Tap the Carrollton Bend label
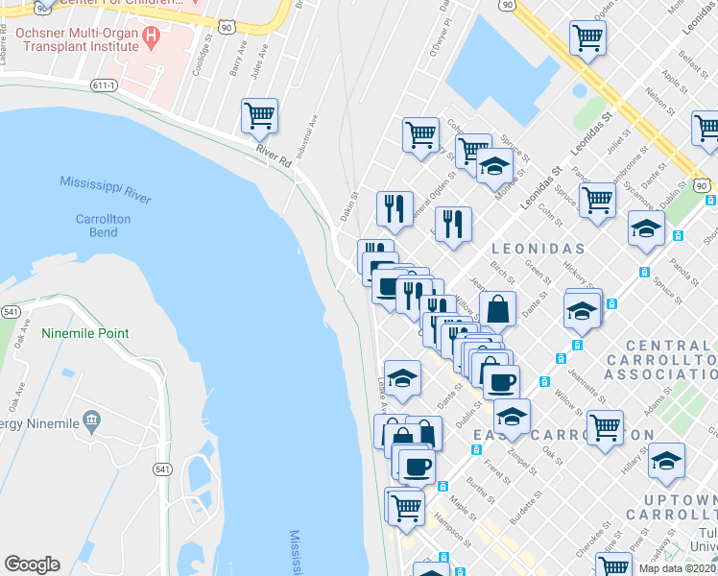tap(103, 226)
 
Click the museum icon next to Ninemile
tap(91, 420)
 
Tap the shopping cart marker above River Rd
tap(259, 116)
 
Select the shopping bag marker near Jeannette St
tap(497, 309)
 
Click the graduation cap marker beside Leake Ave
tap(403, 377)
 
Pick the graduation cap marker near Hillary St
tap(666, 460)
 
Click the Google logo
tap(32, 564)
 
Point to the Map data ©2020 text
tap(677, 568)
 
